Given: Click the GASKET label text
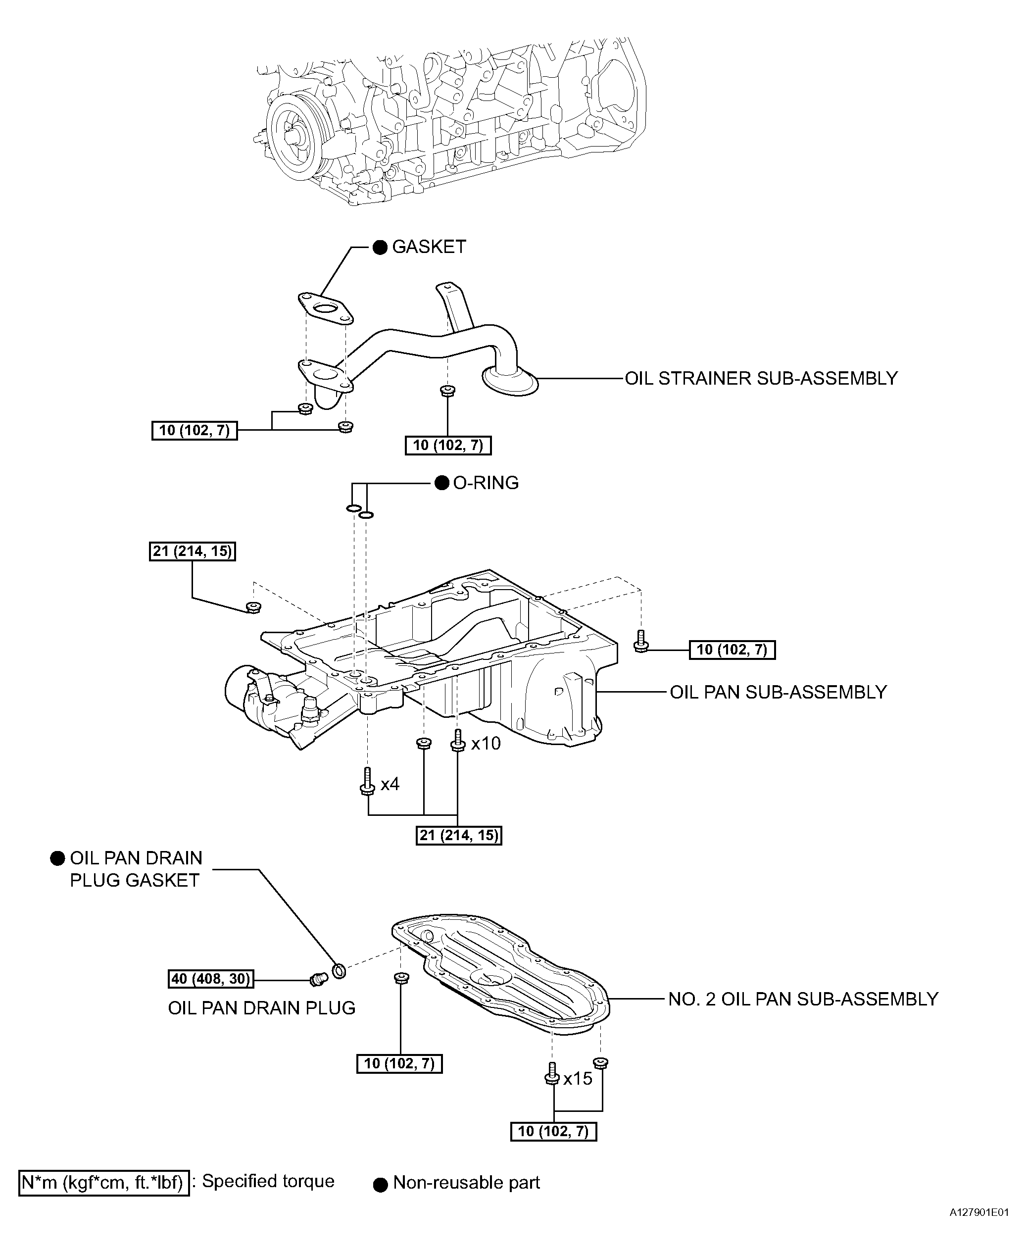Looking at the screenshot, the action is tap(429, 247).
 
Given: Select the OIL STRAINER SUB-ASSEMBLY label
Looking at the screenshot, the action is tap(761, 378).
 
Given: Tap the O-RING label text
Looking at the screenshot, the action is tap(486, 483).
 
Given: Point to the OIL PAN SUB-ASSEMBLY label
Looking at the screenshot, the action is tap(779, 692).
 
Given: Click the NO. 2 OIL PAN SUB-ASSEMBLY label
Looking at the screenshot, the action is tap(803, 999).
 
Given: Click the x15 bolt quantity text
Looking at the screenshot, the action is tap(578, 1079).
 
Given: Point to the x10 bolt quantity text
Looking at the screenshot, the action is tap(486, 744).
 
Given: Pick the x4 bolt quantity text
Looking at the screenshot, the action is tap(390, 784).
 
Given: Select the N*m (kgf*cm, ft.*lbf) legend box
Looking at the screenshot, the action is tap(104, 1183).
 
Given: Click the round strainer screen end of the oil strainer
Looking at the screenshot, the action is tap(511, 380).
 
